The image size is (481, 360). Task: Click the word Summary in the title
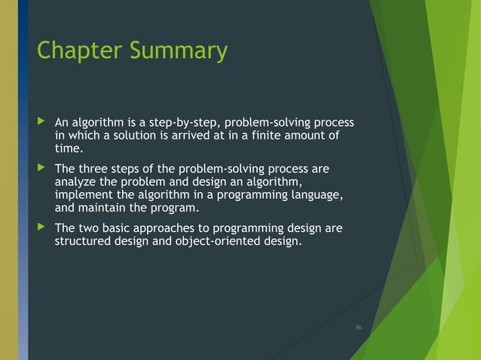(x=179, y=51)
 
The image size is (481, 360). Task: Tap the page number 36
(x=358, y=327)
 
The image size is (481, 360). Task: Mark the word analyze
(x=76, y=182)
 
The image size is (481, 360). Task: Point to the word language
(x=317, y=195)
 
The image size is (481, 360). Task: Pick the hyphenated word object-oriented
(x=219, y=242)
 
